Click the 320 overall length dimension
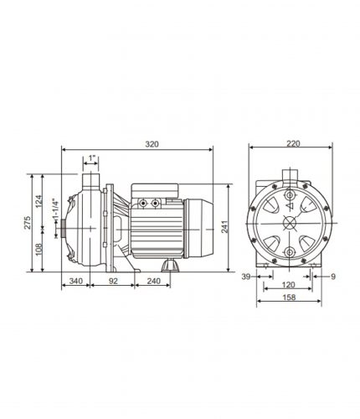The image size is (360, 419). click(152, 144)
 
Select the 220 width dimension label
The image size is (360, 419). click(293, 143)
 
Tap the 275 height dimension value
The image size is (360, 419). click(28, 223)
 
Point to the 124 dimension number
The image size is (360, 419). click(39, 201)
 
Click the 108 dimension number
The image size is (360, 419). click(39, 249)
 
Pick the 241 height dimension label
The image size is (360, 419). click(224, 226)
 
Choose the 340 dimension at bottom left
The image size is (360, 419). click(76, 281)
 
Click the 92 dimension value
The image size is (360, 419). click(113, 281)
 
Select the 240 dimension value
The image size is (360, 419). click(153, 281)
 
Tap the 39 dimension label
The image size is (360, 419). click(246, 277)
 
